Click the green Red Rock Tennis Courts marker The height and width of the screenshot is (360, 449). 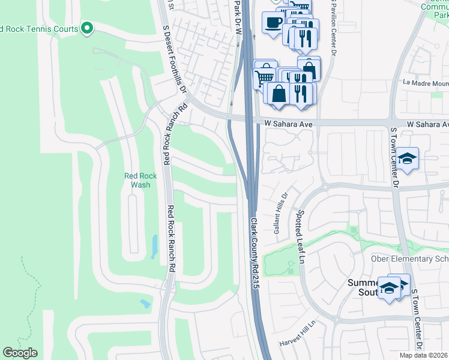pos(87,28)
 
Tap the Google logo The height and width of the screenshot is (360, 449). pos(20,353)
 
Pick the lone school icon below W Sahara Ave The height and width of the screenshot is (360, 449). pos(408,158)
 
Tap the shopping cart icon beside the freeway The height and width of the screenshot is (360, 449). pos(265,76)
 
